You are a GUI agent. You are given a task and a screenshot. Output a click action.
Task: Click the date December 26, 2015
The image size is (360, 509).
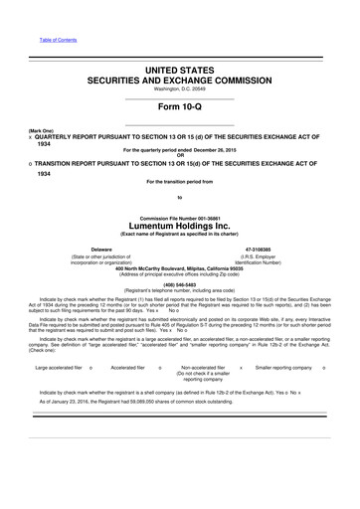(x=225, y=149)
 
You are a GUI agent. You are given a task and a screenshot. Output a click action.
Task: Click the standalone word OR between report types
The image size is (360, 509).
(x=180, y=155)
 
